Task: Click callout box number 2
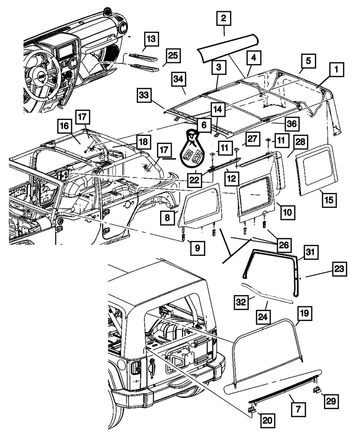[x=224, y=18]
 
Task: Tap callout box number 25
[x=173, y=56]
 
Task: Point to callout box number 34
[x=180, y=80]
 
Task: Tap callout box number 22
[x=195, y=179]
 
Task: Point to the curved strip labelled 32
[x=268, y=292]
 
